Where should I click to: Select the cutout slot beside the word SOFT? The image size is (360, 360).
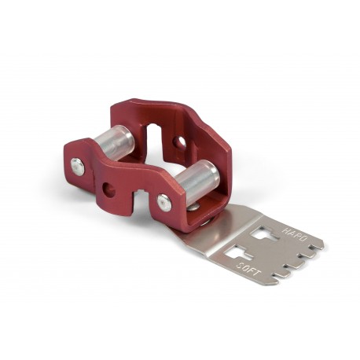[x=236, y=253]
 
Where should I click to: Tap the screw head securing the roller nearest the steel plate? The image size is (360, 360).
[x=163, y=202]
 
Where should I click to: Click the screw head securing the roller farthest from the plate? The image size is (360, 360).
[x=77, y=166]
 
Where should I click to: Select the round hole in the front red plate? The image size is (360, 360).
[x=108, y=190]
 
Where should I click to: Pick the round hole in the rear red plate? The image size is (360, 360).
[x=180, y=143]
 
